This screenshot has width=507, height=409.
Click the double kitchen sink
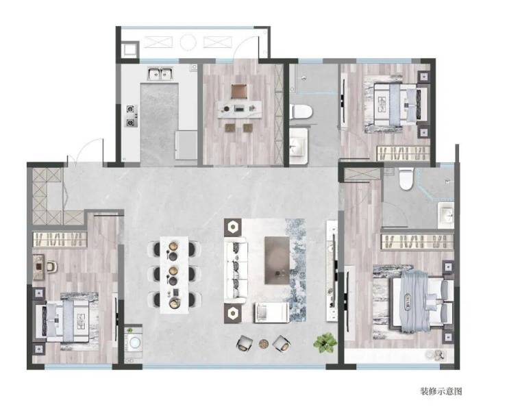click(161, 74)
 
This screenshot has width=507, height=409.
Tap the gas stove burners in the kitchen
click(132, 116)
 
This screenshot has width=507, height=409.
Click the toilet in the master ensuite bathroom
click(406, 179)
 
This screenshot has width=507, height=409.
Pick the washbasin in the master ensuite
click(447, 214)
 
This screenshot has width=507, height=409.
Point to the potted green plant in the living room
click(325, 343)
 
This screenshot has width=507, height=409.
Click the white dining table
click(174, 275)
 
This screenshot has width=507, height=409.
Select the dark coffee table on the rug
click(277, 260)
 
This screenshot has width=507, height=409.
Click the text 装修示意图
click(441, 391)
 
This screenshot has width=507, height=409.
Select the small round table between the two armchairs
click(264, 343)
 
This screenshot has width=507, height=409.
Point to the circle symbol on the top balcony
click(188, 42)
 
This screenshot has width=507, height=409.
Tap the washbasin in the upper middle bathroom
click(298, 146)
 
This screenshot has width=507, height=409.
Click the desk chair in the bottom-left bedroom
click(52, 266)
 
